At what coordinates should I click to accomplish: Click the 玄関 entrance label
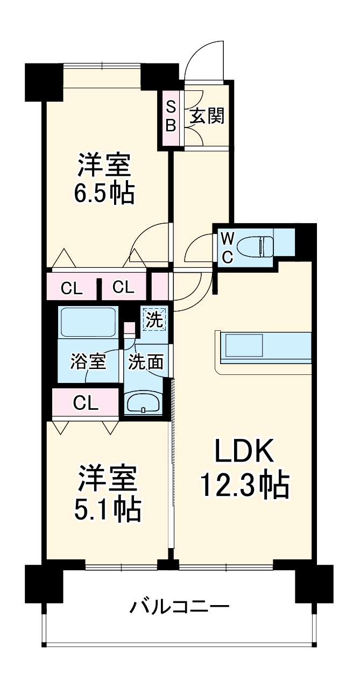pyautogui.click(x=207, y=116)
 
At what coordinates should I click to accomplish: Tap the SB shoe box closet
pyautogui.click(x=170, y=116)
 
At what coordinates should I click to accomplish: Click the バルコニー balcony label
pyautogui.click(x=180, y=608)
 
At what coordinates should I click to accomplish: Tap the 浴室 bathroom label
pyautogui.click(x=87, y=362)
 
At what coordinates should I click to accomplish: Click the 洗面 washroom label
pyautogui.click(x=145, y=362)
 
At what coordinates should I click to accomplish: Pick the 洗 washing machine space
pyautogui.click(x=154, y=321)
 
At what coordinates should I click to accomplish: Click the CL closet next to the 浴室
pyautogui.click(x=86, y=403)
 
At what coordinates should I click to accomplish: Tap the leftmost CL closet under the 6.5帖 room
pyautogui.click(x=72, y=288)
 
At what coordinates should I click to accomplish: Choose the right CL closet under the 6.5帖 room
pyautogui.click(x=123, y=288)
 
